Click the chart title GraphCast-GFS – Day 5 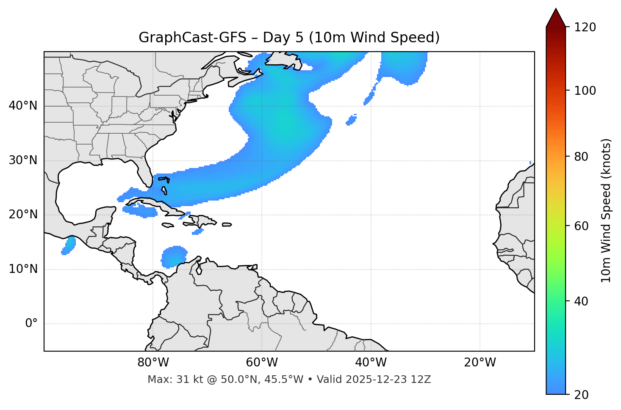289,38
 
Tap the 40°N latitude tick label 23,106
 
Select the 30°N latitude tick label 23,160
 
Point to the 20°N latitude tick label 23,215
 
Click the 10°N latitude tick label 23,269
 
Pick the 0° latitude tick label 31,324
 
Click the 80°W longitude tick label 153,363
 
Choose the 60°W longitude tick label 262,363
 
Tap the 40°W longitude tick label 371,363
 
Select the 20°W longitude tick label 480,363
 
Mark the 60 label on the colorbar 581,226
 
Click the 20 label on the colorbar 581,395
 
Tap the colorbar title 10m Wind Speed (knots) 607,210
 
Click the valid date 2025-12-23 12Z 388,380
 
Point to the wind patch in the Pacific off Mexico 69,245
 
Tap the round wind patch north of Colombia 174,256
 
